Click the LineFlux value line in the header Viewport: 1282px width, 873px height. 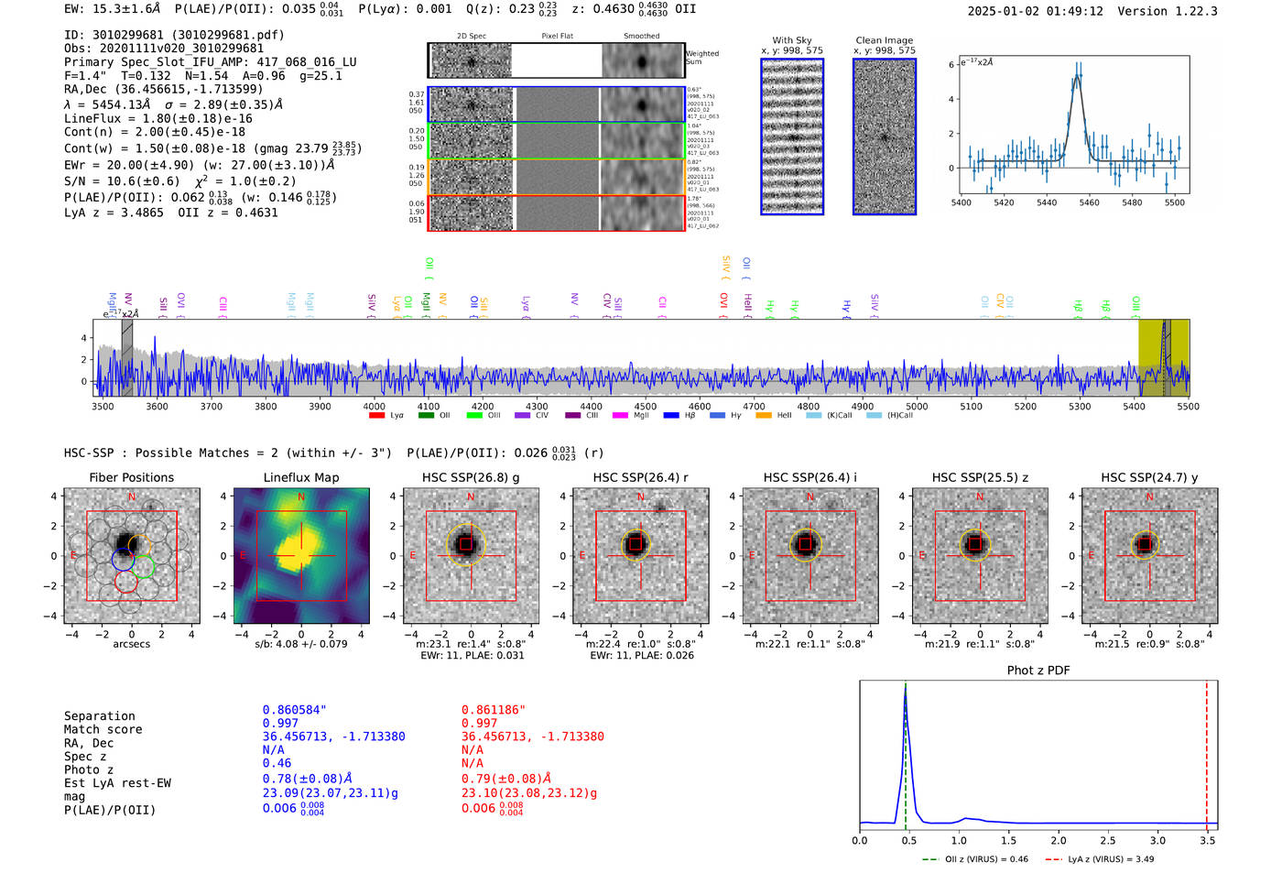[158, 118]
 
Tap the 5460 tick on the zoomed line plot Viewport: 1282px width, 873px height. [1089, 202]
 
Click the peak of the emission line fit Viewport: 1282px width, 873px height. [1078, 77]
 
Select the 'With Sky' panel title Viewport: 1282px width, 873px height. [791, 40]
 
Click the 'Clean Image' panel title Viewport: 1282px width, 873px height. [884, 40]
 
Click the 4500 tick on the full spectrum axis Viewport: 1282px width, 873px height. [646, 406]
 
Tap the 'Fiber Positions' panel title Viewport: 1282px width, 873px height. [131, 477]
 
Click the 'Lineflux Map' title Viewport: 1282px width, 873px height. [300, 477]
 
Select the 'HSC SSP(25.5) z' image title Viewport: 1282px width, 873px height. [980, 477]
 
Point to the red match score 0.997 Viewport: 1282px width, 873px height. [479, 724]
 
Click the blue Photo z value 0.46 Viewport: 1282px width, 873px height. [277, 763]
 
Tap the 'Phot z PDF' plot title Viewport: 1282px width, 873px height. [1038, 671]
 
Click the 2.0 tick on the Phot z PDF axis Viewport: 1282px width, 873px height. [1058, 840]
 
